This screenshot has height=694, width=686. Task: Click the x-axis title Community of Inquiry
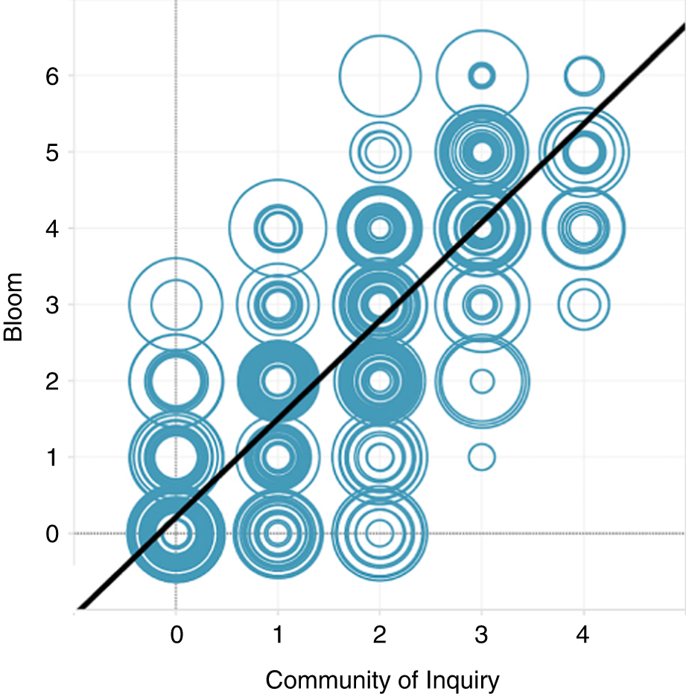pos(382,680)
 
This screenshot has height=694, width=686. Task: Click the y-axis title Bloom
pos(14,306)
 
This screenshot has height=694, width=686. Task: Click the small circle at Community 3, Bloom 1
pos(482,456)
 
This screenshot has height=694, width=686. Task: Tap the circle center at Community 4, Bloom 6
pos(584,75)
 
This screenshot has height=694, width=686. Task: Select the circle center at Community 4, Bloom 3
pos(584,304)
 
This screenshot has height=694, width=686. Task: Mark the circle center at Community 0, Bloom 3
pos(176,304)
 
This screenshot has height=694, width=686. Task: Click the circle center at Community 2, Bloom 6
pos(380,75)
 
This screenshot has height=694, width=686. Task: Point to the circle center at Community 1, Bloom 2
pos(278,381)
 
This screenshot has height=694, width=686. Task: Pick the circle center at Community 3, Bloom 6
pos(482,75)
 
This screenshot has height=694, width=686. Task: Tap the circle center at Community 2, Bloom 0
pos(380,533)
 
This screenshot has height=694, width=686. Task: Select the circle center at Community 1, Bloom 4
pos(278,228)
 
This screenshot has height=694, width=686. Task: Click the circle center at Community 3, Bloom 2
pos(482,381)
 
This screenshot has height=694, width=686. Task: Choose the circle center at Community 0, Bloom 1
pos(176,456)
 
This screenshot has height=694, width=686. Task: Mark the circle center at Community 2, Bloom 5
pos(380,152)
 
